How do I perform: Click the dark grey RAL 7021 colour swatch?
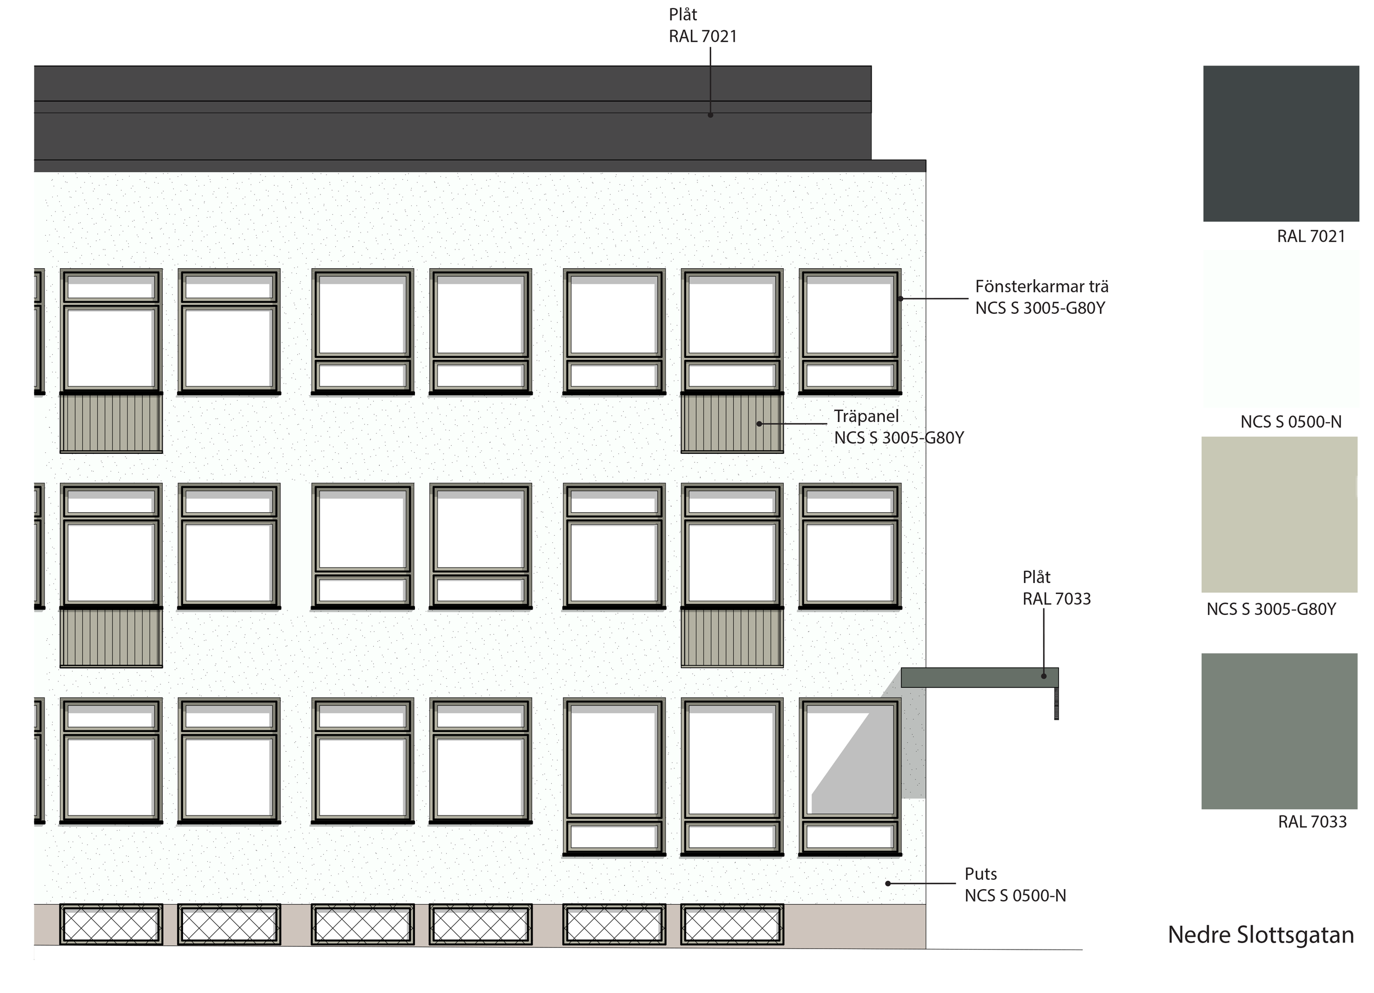(1281, 143)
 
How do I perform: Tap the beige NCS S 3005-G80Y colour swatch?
(1279, 514)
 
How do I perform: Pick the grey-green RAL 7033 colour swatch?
(1279, 731)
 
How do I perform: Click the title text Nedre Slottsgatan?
(1260, 935)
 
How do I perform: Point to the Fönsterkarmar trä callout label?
(1041, 297)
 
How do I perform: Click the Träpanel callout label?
(899, 426)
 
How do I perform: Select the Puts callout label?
(1015, 885)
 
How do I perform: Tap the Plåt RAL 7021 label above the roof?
(702, 25)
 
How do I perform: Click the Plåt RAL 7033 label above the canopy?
(1056, 587)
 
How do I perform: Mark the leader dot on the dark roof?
(710, 114)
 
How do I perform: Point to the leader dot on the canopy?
(1043, 676)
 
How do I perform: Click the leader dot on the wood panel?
(759, 424)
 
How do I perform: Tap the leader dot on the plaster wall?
(888, 883)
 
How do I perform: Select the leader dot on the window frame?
(900, 299)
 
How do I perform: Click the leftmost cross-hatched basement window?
(111, 924)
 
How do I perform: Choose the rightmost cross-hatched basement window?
(732, 924)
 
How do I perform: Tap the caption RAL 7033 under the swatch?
(1311, 822)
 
